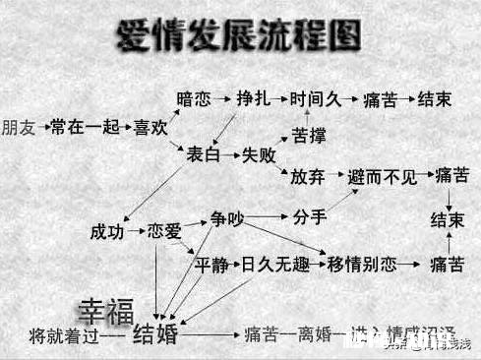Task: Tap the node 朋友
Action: (19, 127)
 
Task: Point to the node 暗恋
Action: (194, 100)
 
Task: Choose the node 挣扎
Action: (253, 100)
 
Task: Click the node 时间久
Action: (314, 100)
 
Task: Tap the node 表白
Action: (204, 153)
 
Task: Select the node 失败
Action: (260, 153)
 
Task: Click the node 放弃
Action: (308, 177)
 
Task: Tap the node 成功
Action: (107, 232)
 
